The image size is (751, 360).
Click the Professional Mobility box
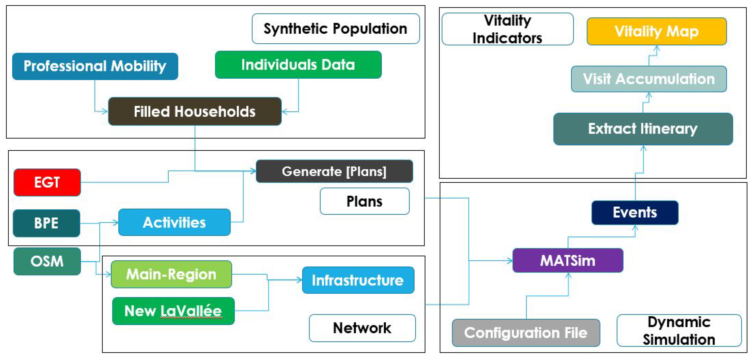[x=95, y=66]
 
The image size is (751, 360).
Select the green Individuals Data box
[x=298, y=65]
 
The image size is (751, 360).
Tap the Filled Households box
[x=195, y=111]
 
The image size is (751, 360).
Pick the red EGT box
[x=47, y=182]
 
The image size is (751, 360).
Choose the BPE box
[x=46, y=223]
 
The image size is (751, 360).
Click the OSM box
[x=47, y=261]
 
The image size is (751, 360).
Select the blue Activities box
[x=174, y=222]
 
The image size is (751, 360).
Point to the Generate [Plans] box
[x=334, y=171]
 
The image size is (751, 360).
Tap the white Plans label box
[x=364, y=201]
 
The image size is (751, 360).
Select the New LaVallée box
[x=173, y=311]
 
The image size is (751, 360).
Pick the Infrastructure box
[x=358, y=280]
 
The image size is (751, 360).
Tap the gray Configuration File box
[x=526, y=333]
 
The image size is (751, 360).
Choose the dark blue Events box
[x=635, y=212]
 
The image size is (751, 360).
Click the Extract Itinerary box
[x=643, y=129]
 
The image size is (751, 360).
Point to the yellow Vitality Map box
[x=656, y=31]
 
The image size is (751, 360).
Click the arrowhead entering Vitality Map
[x=656, y=48]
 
